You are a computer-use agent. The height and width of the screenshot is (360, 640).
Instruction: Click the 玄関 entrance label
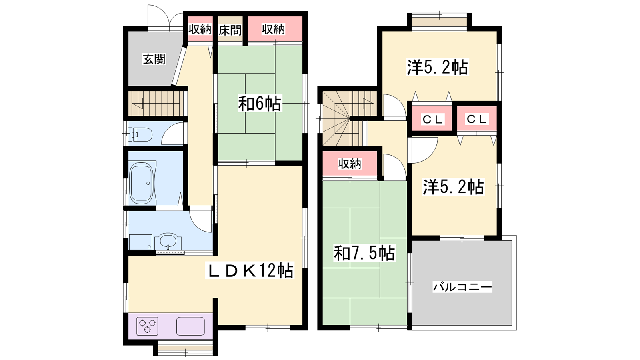click(154, 59)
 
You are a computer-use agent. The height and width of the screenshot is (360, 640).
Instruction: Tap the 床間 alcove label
click(230, 30)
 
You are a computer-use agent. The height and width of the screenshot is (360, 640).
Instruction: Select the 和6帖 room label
click(260, 104)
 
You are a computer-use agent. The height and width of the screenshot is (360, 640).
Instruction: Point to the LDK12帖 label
click(250, 270)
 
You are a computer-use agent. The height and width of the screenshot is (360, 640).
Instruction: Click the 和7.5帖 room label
click(364, 253)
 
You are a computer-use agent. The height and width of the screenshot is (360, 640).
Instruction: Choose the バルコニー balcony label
click(462, 286)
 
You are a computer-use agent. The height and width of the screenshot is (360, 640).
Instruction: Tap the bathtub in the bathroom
click(142, 183)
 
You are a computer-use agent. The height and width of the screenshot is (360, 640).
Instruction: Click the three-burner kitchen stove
click(147, 326)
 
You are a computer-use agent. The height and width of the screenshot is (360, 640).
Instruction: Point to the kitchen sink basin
click(190, 326)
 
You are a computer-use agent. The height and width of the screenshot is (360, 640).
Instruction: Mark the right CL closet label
click(476, 119)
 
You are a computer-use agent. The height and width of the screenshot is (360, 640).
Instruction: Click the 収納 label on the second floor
click(350, 164)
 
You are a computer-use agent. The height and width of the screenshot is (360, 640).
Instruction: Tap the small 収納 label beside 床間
click(200, 29)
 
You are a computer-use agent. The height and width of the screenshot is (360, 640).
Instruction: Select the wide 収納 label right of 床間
click(274, 29)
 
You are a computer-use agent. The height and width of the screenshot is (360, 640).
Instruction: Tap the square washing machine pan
click(140, 242)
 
